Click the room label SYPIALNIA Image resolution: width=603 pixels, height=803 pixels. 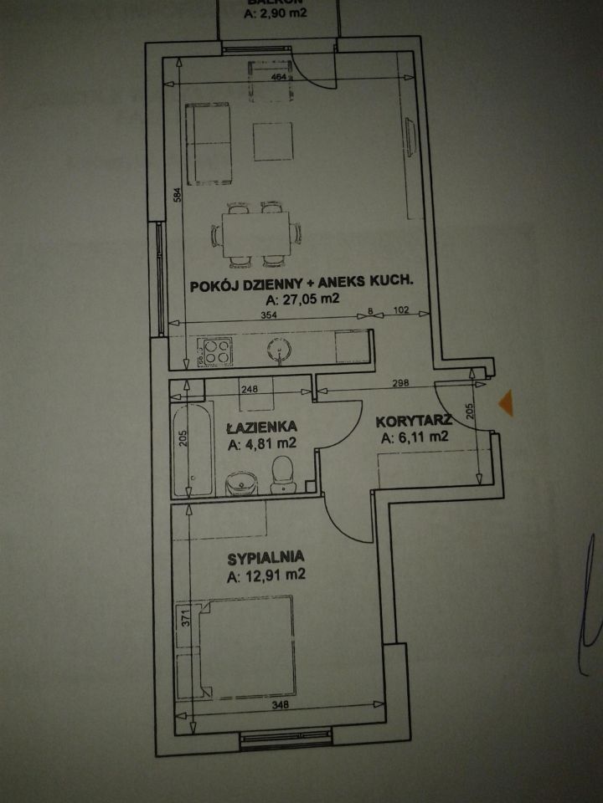264,555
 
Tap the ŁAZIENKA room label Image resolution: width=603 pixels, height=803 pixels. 260,427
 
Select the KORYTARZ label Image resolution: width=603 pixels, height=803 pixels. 414,420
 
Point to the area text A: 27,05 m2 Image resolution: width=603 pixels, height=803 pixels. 301,299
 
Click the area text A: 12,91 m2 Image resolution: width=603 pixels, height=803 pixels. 265,575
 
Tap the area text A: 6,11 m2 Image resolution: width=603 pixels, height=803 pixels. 414,437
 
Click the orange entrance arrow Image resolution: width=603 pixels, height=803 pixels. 504,403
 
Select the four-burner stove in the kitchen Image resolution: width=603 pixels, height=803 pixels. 214,351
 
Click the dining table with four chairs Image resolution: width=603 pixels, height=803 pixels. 256,232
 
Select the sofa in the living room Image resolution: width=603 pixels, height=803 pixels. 208,142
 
